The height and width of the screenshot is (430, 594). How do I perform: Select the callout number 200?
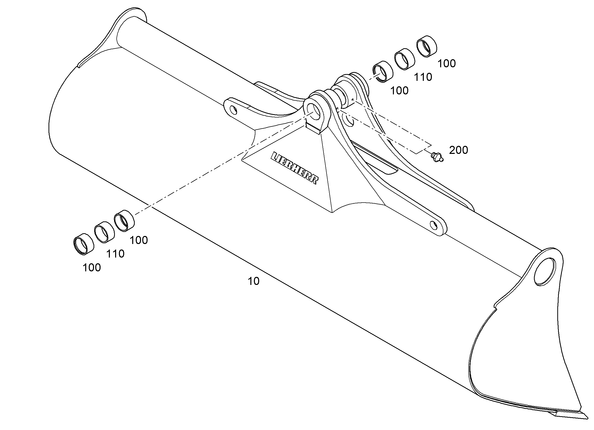(x=458, y=150)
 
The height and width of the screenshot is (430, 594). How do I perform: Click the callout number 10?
(x=254, y=281)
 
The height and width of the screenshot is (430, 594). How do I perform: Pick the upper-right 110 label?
(x=423, y=77)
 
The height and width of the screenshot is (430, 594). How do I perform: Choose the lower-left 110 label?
(x=115, y=254)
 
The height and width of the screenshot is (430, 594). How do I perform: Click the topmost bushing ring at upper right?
(x=427, y=46)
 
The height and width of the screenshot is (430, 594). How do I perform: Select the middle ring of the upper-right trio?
(x=405, y=59)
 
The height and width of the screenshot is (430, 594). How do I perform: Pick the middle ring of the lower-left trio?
(x=105, y=232)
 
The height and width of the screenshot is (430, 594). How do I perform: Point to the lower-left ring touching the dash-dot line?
(x=124, y=221)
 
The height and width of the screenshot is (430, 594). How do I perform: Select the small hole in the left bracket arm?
(x=233, y=110)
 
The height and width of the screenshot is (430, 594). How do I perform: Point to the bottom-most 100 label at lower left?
(x=92, y=268)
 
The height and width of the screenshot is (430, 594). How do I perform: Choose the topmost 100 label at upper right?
(x=446, y=64)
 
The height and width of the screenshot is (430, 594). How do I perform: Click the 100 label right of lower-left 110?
(x=139, y=240)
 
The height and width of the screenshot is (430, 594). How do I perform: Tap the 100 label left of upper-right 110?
(x=399, y=91)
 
